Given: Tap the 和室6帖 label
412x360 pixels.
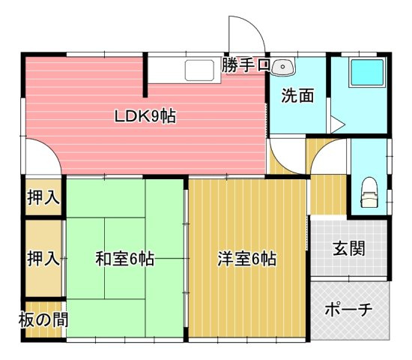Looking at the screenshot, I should click(124, 259).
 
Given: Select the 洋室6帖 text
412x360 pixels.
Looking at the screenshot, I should click(247, 259).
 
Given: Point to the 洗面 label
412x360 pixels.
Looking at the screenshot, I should click(297, 96).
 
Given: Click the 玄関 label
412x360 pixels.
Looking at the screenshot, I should click(349, 248).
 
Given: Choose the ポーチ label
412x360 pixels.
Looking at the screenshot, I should click(349, 310).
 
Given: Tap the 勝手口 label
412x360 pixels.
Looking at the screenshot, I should click(245, 65).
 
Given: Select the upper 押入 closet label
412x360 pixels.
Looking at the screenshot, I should click(43, 198).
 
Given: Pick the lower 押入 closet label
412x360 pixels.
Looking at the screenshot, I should click(43, 259).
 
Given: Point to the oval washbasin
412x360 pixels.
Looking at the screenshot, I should click(283, 67).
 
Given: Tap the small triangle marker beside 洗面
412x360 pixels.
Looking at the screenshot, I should click(336, 123).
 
